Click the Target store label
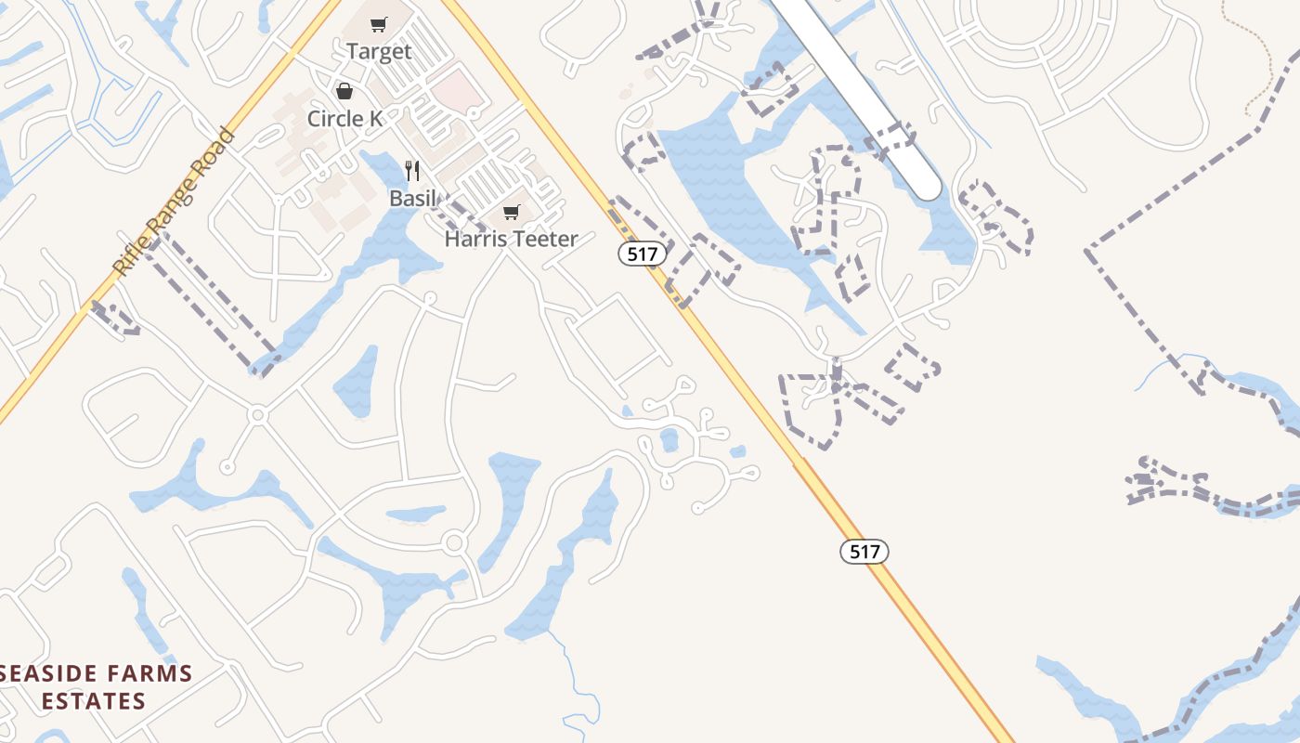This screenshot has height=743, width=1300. click(x=379, y=52)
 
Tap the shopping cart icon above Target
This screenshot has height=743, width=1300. click(x=378, y=25)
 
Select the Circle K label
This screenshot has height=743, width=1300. click(x=345, y=119)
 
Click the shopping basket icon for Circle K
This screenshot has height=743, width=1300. click(x=344, y=91)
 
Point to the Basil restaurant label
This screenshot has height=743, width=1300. click(x=412, y=198)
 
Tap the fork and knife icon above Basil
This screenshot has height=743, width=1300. click(x=412, y=171)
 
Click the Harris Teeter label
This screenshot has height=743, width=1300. click(x=511, y=239)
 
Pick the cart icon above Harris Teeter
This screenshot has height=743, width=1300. click(x=511, y=213)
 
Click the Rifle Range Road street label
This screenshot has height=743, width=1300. click(x=174, y=202)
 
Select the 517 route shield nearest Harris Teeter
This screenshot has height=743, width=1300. click(x=643, y=254)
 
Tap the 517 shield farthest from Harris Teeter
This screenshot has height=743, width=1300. click(x=864, y=552)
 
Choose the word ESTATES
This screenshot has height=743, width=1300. click(x=94, y=700)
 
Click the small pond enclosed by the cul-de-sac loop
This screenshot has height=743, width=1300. click(x=669, y=439)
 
